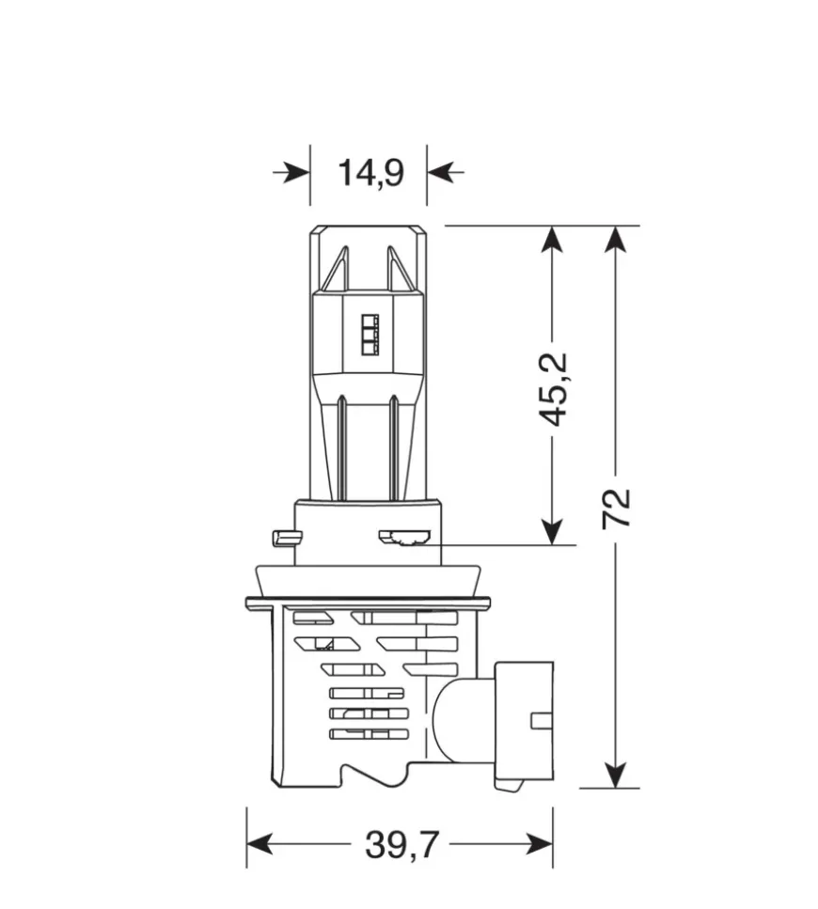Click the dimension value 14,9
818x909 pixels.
(370, 173)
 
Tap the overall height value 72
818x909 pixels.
(618, 509)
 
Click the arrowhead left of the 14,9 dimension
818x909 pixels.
(296, 173)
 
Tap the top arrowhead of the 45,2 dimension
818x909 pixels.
(552, 239)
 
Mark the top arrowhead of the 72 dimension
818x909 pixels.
(615, 239)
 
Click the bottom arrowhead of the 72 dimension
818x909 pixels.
(615, 775)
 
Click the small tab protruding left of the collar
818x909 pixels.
(282, 538)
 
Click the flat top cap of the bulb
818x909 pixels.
(369, 228)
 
